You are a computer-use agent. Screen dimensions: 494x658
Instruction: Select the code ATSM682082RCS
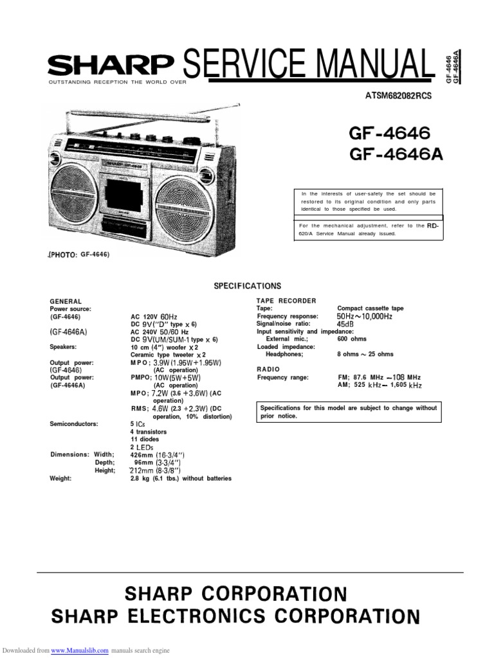(x=398, y=96)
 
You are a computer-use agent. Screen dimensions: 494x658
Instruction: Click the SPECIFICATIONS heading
(x=247, y=286)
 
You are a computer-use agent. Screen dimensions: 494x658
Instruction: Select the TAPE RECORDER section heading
(x=286, y=301)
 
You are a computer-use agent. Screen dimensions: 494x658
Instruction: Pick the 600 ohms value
(x=351, y=339)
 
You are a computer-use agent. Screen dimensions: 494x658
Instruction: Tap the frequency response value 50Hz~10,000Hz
(x=364, y=316)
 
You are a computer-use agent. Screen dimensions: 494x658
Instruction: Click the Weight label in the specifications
(x=60, y=479)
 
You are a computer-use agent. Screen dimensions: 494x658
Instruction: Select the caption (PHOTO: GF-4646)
(x=79, y=254)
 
